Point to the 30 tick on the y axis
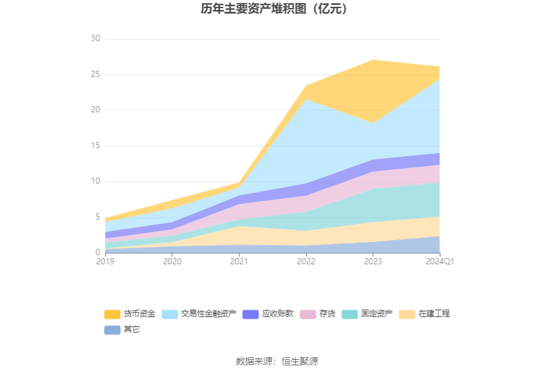pos(95,39)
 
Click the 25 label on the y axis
pos(95,75)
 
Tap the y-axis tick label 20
pos(95,110)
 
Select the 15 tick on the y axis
pos(95,146)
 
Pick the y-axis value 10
pos(95,182)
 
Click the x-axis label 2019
pos(105,262)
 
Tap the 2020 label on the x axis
pos(172,262)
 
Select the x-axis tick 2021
pos(239,262)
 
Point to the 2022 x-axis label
pos(306,262)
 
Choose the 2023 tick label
pos(373,262)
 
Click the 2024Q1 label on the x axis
pos(440,262)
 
